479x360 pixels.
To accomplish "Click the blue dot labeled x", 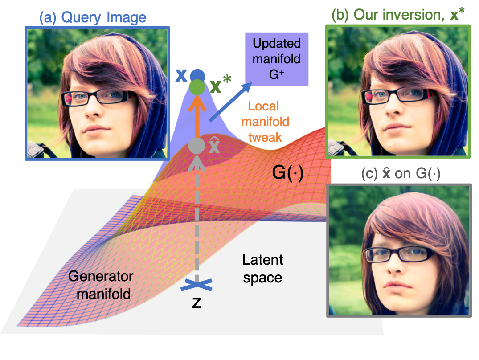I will (197, 75).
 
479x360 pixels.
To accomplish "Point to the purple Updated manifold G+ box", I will (276, 59).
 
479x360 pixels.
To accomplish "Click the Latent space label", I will (262, 269).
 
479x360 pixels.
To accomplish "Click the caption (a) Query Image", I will (93, 17).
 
